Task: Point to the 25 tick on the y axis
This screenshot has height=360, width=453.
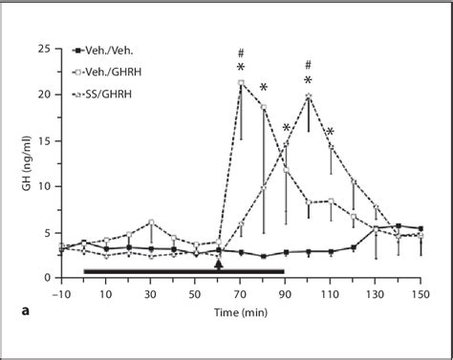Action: [44, 49]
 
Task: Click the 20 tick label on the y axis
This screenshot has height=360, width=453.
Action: [44, 95]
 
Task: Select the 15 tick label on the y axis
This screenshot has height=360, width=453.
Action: [44, 140]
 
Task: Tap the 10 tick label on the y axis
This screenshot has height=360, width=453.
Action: [44, 186]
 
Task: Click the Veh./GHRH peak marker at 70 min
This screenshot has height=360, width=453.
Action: [241, 83]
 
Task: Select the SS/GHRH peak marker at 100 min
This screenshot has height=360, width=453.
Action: [308, 95]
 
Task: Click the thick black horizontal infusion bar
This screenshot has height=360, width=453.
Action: [182, 271]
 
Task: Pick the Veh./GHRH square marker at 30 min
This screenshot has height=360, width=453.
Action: [150, 222]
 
